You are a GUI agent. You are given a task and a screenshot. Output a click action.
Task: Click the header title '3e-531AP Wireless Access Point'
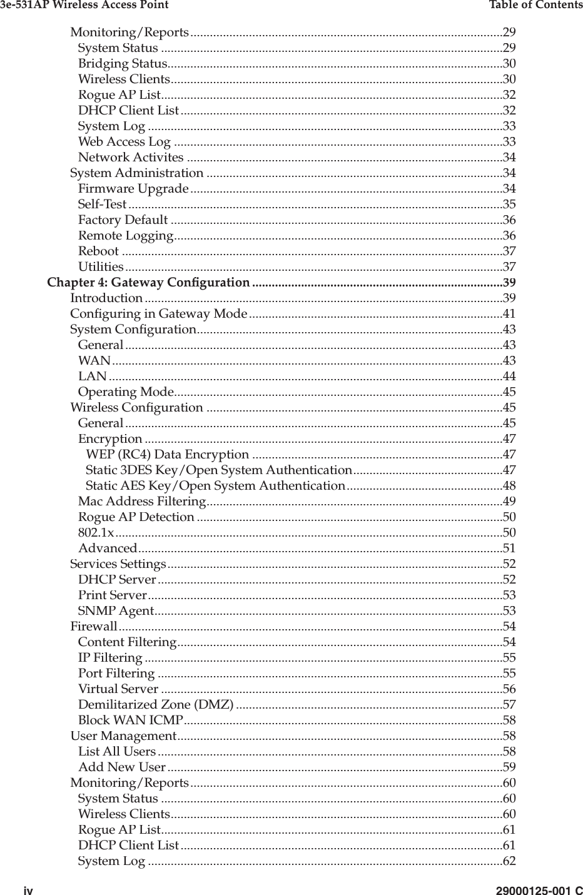[84, 6]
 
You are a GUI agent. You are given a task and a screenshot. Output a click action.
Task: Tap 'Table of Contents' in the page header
[535, 6]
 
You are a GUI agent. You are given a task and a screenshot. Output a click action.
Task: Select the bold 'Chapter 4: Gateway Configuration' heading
[149, 283]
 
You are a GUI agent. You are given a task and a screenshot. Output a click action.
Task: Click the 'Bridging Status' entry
[122, 64]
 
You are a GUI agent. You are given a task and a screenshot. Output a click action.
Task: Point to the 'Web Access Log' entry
[124, 142]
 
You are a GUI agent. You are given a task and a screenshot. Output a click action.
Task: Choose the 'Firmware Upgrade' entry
[133, 189]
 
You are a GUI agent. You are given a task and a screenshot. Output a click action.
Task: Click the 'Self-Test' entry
[102, 205]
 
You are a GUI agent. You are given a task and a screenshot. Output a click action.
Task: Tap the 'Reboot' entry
[98, 251]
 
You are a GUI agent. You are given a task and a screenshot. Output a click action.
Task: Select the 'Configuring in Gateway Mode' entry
[159, 314]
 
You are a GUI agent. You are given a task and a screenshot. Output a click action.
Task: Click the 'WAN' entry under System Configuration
[94, 361]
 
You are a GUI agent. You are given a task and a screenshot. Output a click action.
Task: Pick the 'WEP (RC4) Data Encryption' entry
[167, 455]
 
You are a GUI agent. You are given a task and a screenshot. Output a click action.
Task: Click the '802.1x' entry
[96, 533]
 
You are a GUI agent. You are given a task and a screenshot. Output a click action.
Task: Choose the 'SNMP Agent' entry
[116, 611]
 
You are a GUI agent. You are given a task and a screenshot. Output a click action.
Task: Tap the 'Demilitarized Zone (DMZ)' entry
[156, 705]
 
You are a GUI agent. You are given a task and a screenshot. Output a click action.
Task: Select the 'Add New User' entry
[122, 767]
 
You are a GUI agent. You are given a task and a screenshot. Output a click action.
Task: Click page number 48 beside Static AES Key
[509, 486]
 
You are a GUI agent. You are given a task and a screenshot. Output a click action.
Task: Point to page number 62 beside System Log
[509, 861]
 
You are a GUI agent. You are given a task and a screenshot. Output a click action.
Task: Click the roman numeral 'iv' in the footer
[29, 889]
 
